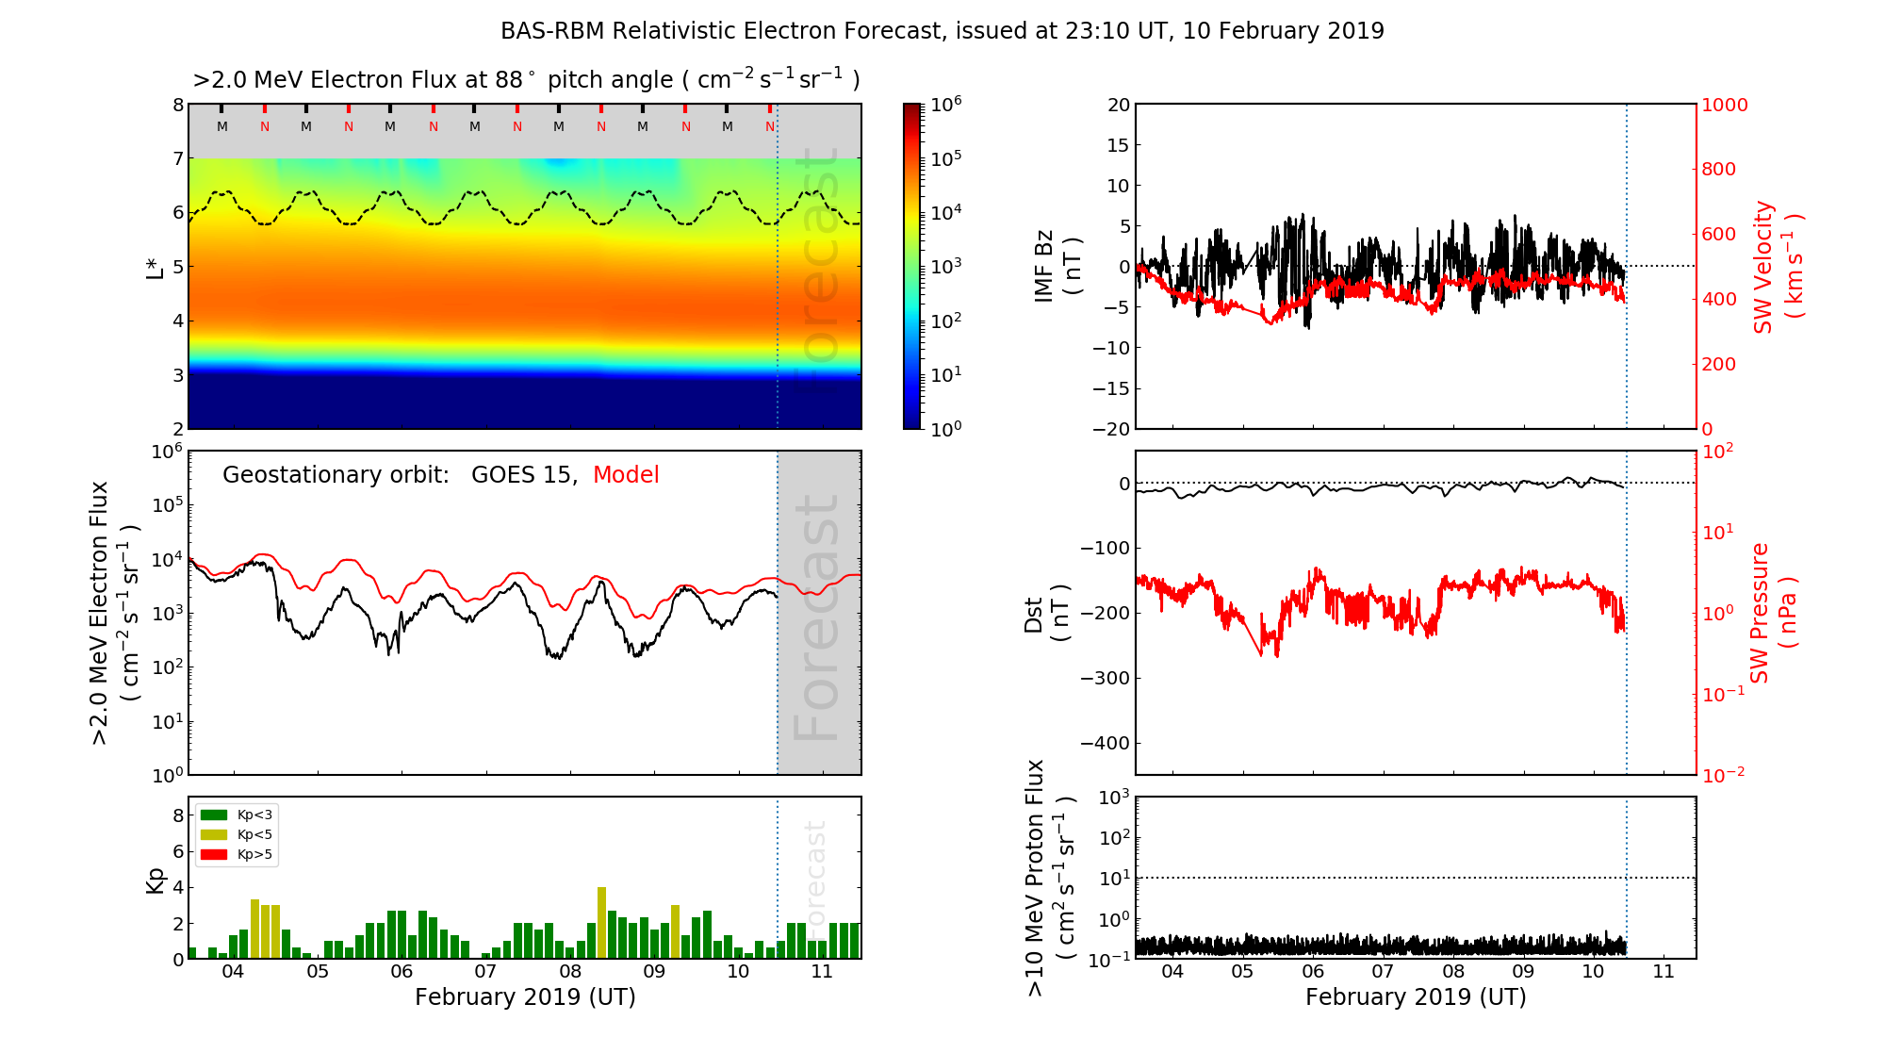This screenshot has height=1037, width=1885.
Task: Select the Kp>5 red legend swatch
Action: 214,855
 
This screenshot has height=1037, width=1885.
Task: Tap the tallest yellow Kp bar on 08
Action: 601,922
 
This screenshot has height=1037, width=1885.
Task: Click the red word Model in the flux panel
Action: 626,475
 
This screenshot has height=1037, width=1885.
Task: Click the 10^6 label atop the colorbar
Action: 946,104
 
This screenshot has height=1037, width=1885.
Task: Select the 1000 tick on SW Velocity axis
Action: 1724,105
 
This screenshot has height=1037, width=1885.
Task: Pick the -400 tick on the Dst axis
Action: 1105,743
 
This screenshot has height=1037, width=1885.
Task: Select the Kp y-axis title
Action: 156,881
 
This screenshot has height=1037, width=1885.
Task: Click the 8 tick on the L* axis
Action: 177,105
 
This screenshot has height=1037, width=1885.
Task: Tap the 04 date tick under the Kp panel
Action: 232,971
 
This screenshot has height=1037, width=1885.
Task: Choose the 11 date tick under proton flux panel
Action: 1664,971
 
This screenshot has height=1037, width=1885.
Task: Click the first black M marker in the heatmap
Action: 222,126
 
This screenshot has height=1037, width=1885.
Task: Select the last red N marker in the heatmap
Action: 770,126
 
